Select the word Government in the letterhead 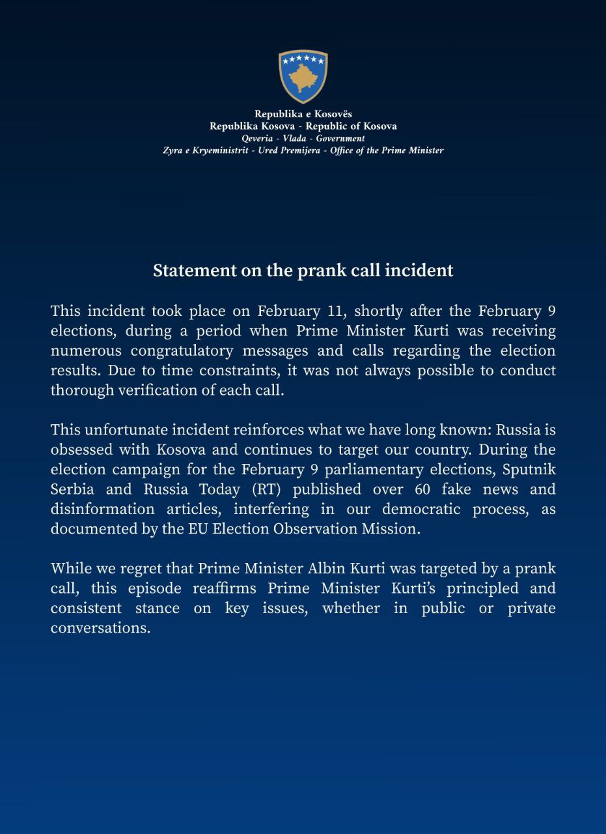point(340,138)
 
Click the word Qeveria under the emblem point(257,138)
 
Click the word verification point(163,390)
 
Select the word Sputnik point(529,469)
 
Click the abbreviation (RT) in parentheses point(265,489)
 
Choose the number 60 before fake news point(422,489)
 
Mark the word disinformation point(103,509)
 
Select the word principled point(482,588)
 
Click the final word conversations point(100,627)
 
